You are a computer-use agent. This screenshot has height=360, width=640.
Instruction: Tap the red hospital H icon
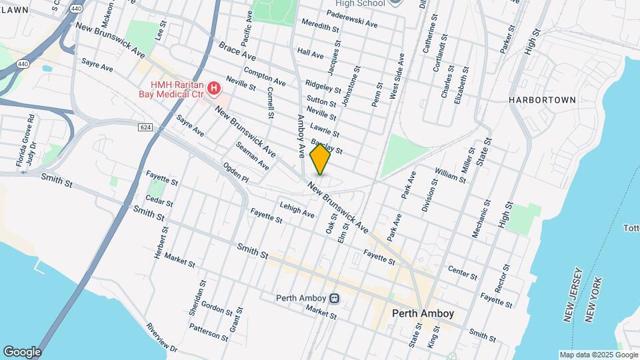point(214,88)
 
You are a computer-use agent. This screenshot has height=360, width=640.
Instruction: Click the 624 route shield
point(146,127)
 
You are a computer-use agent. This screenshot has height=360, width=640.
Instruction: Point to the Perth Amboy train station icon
point(335,298)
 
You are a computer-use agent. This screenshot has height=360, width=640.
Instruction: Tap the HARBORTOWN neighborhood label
point(542,99)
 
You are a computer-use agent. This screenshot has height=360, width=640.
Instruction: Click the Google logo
point(22,351)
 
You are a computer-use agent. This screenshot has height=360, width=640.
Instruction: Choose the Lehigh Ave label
point(297,209)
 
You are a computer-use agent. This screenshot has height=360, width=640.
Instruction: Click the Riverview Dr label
point(162,338)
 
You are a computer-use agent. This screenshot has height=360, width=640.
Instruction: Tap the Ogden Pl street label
point(235,175)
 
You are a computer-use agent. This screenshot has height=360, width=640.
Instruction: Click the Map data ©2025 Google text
point(597,355)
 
